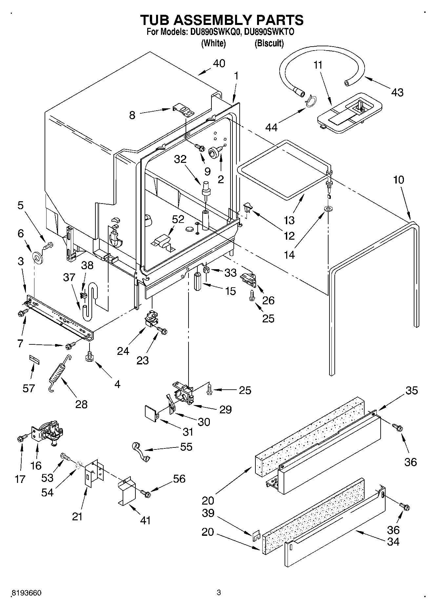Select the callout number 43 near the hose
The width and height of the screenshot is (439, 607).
coord(397,92)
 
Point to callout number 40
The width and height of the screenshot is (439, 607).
coord(219,63)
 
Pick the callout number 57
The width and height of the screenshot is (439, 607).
coord(29,388)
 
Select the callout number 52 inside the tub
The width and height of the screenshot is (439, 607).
coord(178,219)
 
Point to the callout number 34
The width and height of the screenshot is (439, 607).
coord(393,542)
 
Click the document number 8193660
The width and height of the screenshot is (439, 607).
coord(26,593)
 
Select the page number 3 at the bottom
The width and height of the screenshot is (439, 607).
coord(219,593)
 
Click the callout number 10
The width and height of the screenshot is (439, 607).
coord(398,180)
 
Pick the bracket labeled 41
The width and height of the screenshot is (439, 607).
coord(127,492)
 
